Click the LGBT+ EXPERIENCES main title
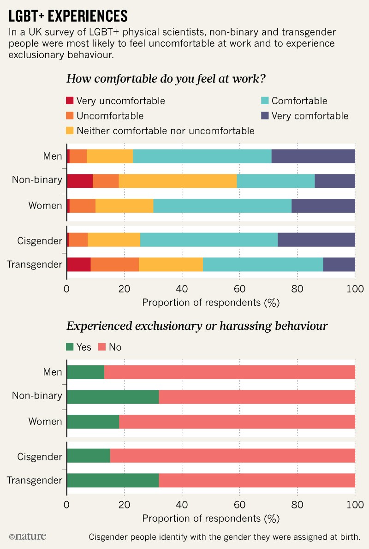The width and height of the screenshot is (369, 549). [68, 15]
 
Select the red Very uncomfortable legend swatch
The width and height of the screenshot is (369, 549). [70, 101]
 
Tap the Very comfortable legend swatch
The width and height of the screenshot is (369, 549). [265, 116]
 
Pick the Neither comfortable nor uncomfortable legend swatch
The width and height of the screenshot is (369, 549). [70, 131]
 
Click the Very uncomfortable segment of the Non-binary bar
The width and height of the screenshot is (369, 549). [80, 180]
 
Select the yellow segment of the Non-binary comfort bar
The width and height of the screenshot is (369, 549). [178, 180]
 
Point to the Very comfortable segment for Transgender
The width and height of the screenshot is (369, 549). [339, 264]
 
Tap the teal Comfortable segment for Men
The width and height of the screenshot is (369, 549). [202, 156]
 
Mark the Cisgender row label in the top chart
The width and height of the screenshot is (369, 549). [39, 240]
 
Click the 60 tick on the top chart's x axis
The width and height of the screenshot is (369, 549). [239, 289]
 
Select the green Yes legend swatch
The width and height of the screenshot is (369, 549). [70, 347]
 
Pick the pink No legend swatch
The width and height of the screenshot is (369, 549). [101, 347]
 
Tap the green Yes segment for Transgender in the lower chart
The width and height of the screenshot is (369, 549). [113, 480]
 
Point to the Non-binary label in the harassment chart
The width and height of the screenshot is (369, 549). [37, 395]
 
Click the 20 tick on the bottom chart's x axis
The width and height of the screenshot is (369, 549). [124, 505]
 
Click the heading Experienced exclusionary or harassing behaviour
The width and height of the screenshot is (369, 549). [197, 326]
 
